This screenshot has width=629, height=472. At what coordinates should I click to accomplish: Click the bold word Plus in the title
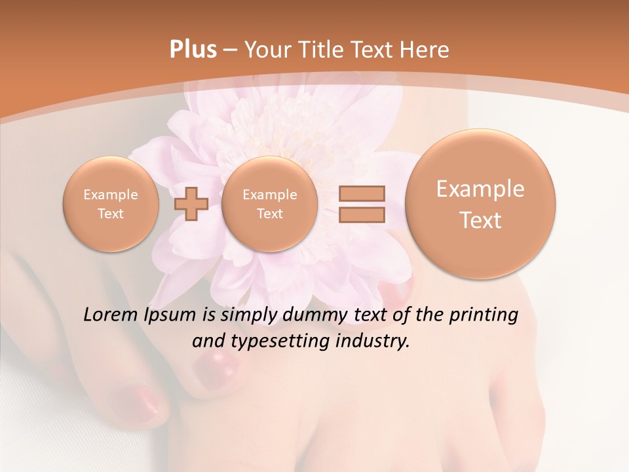click(193, 50)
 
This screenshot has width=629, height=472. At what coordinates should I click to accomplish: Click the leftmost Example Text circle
click(111, 204)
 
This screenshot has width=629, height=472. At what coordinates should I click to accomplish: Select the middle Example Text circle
click(269, 204)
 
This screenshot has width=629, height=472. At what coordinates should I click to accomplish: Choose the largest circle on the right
click(480, 204)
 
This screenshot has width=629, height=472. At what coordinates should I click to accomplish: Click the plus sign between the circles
click(191, 204)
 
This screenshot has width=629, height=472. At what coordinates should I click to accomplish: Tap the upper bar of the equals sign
click(362, 193)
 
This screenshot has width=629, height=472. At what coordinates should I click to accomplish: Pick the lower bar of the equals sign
click(362, 215)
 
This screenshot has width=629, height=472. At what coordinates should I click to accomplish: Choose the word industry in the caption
click(375, 342)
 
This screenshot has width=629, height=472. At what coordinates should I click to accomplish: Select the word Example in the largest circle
click(480, 189)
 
